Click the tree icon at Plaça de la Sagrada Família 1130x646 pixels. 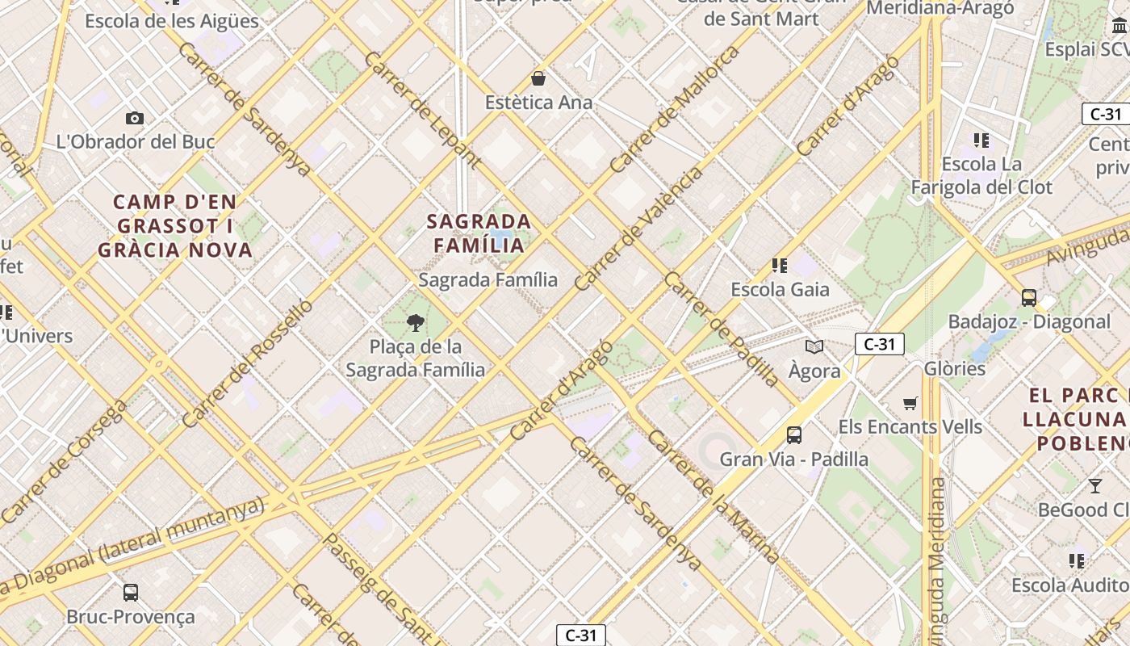pos(416,323)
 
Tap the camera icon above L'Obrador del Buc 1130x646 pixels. pos(135,118)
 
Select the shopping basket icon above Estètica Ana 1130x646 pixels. pos(538,78)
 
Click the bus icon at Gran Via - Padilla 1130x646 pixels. pos(794,435)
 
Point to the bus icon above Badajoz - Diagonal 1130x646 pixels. pos(1029,297)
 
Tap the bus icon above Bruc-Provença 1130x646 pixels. pos(131,592)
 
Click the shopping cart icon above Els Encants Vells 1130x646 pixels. pos(910,403)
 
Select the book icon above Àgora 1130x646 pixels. pos(814,347)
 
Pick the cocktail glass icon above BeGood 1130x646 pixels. pos(1094,485)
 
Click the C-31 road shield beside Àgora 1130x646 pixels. pos(879,345)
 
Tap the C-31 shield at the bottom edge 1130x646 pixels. pos(580,635)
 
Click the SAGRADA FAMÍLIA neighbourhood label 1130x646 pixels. pos(479,233)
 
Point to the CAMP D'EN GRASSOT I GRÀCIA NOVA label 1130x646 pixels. pos(175,226)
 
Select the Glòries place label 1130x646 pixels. pos(954,368)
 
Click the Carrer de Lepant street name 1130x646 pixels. pos(421,110)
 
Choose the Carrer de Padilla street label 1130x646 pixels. pos(721,329)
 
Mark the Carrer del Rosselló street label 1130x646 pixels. pos(247,363)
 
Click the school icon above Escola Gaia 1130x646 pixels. pos(780,265)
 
